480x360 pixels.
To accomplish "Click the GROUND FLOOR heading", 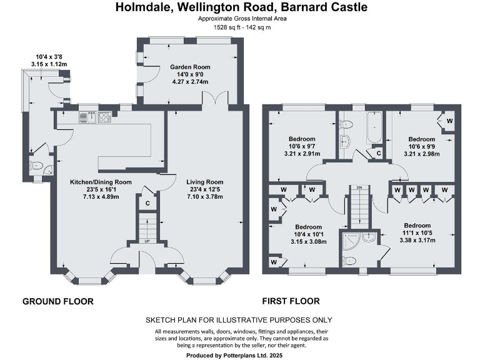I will pyautogui.click(x=58, y=301).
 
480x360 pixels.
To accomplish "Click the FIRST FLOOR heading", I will pyautogui.click(x=291, y=301).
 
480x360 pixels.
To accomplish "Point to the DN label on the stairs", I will pyautogui.click(x=359, y=187).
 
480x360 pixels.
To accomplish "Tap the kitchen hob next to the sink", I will pyautogui.click(x=104, y=116).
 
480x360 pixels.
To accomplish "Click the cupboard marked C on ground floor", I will pyautogui.click(x=148, y=203).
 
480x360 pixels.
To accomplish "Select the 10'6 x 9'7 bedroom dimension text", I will pyautogui.click(x=302, y=146).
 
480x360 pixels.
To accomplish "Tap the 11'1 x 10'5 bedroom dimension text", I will pyautogui.click(x=417, y=232).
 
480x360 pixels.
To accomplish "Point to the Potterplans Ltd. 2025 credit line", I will pyautogui.click(x=239, y=354).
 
